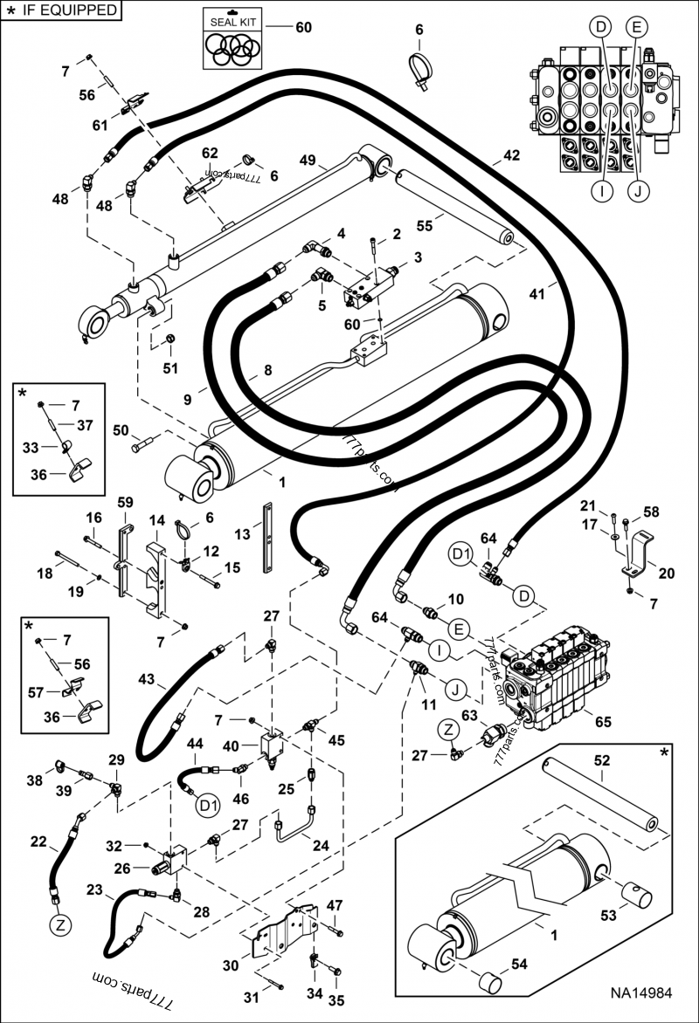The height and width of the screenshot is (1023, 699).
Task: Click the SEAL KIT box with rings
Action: (x=232, y=39)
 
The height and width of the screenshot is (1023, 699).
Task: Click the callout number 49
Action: (x=307, y=161)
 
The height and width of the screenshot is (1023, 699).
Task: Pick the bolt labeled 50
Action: (x=145, y=447)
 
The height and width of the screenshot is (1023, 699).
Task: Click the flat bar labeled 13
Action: (x=267, y=533)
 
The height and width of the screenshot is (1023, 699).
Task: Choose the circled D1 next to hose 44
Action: (x=207, y=803)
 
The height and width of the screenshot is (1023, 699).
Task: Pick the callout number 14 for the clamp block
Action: (x=156, y=519)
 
